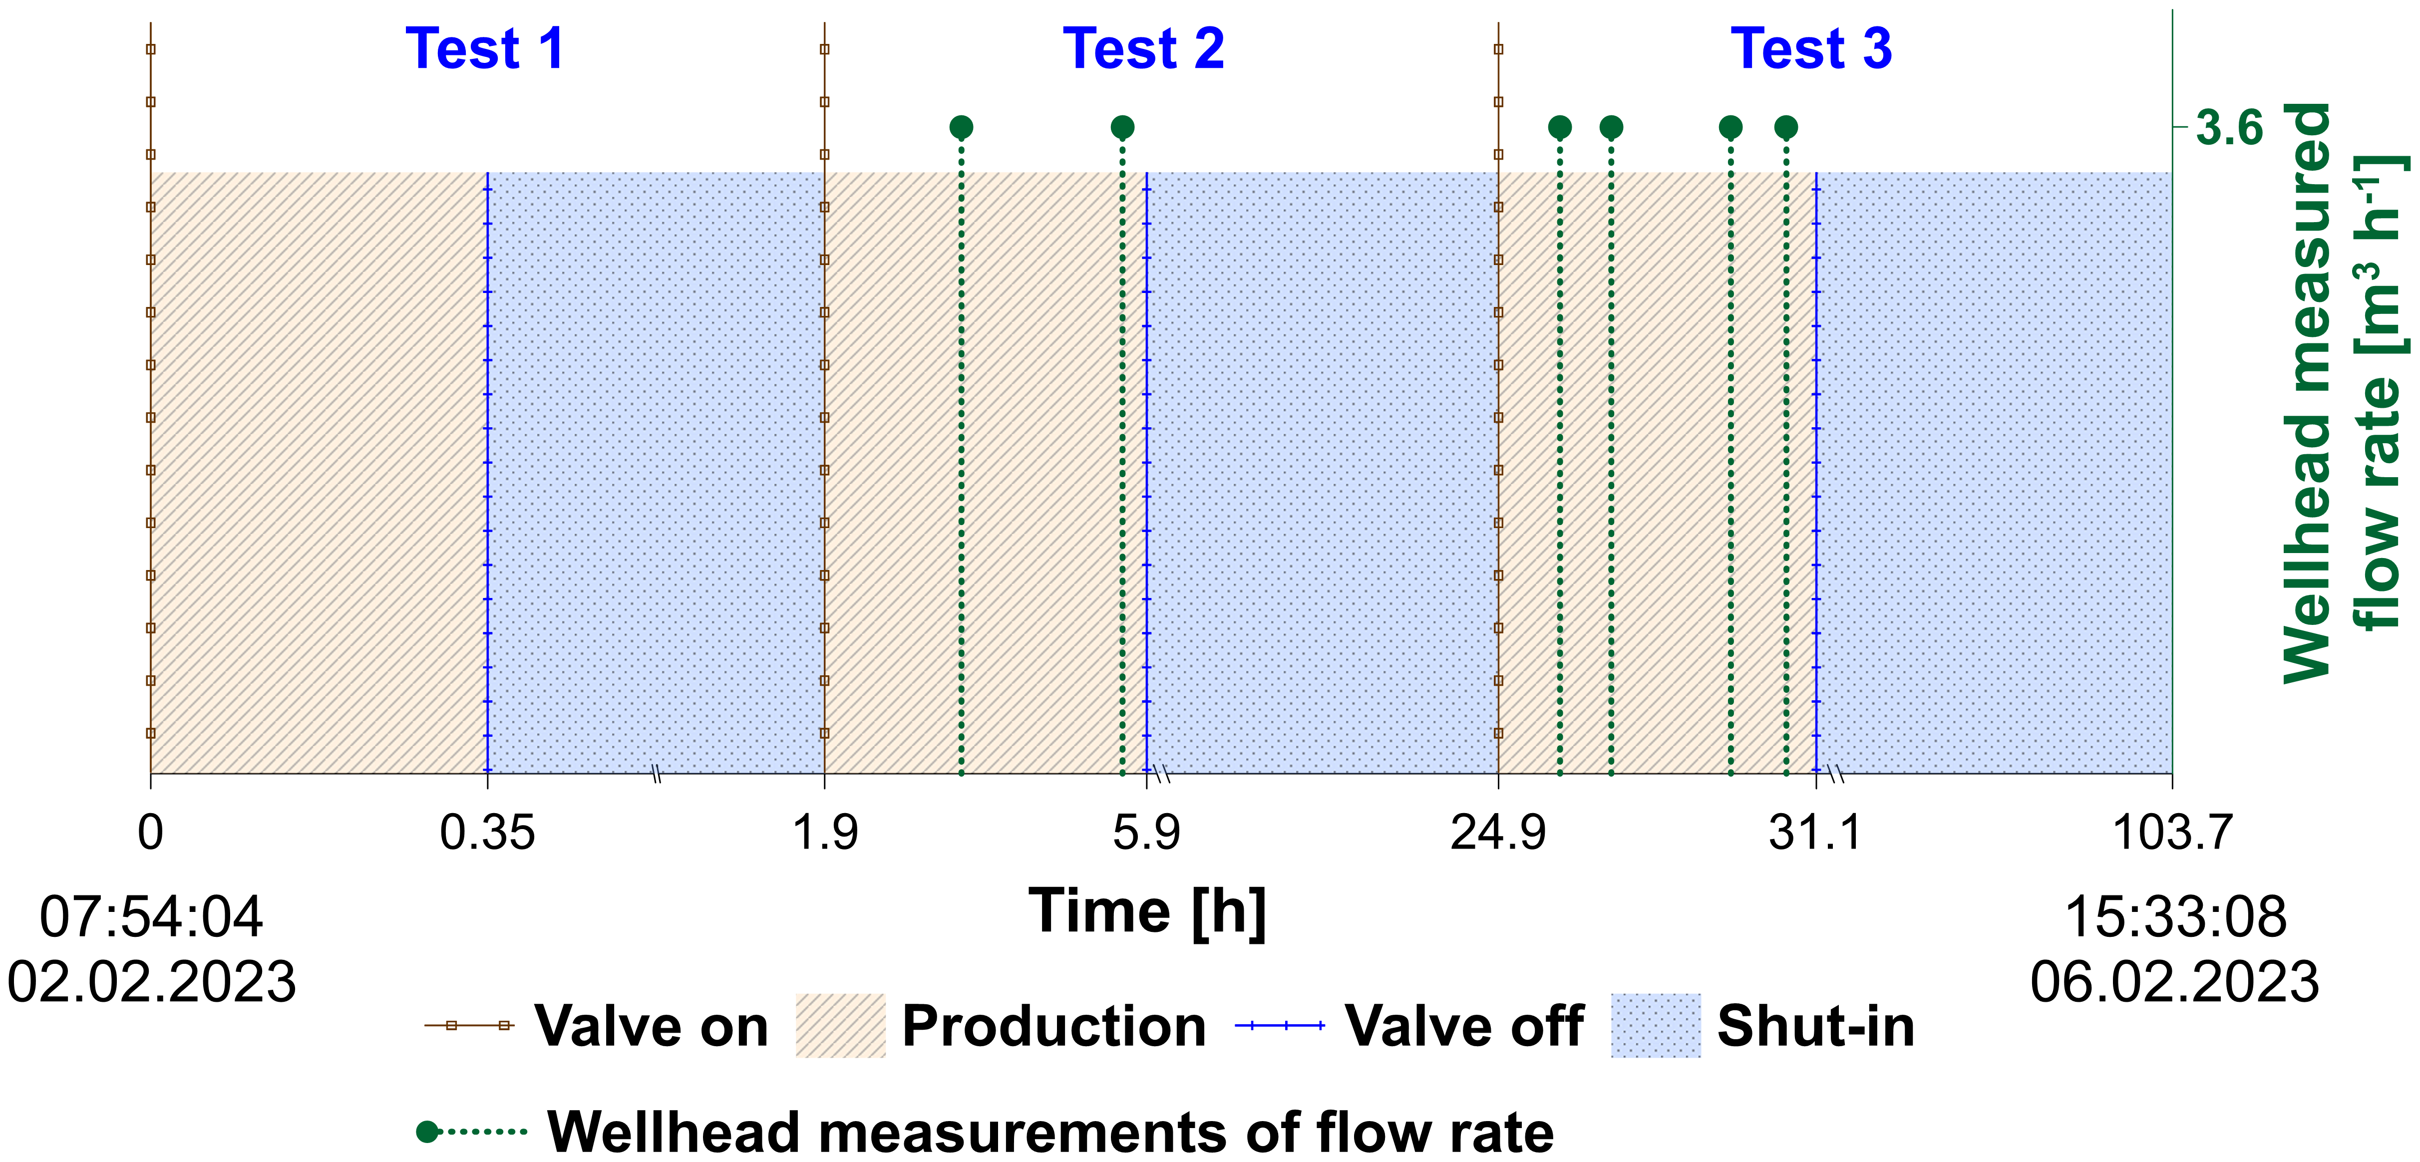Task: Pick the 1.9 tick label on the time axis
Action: tap(825, 832)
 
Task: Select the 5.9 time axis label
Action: tap(1146, 832)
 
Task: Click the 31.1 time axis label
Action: tap(1815, 832)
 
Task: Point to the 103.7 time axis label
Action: tap(2171, 832)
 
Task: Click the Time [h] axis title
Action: tap(1147, 911)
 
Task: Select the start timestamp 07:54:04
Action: tap(151, 918)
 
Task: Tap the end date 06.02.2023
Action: tap(2174, 983)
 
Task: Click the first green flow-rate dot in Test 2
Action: tap(961, 127)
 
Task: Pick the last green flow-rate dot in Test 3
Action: tap(1786, 127)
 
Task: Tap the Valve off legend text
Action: tap(1464, 1026)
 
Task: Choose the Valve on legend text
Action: tap(651, 1026)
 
